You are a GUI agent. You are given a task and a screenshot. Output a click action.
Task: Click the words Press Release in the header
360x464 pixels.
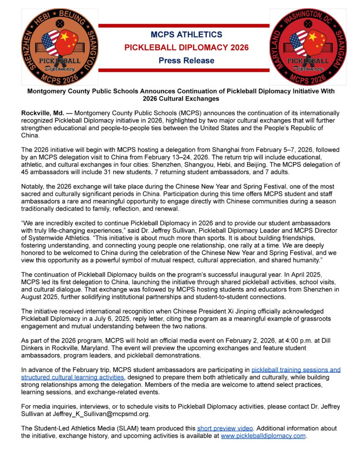coord(180,60)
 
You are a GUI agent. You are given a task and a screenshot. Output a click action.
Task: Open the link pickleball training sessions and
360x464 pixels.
coord(296,370)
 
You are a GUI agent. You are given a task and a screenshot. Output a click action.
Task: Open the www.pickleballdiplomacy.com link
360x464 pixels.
coord(263,435)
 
